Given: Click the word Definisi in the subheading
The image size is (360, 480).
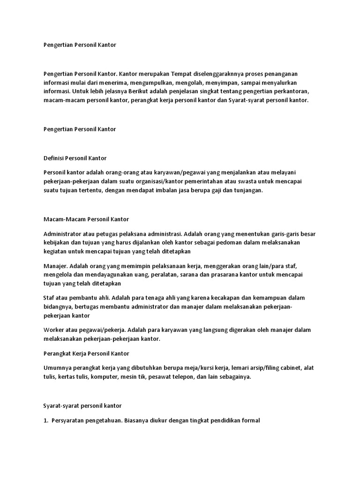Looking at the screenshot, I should coord(53,158).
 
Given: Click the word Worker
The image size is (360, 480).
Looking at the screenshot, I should coord(54,330).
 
